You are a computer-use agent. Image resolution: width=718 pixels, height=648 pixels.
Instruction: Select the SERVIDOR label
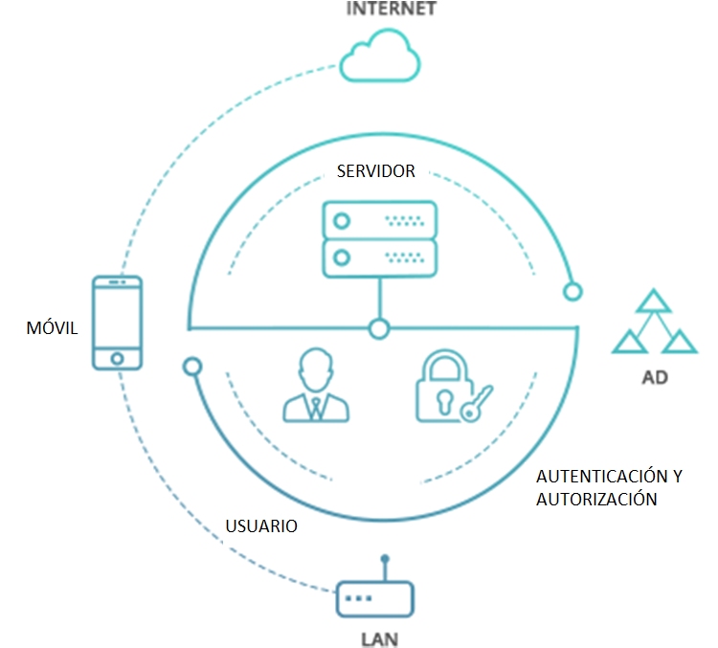(x=375, y=171)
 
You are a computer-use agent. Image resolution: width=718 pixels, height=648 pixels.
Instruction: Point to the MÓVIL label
(x=52, y=329)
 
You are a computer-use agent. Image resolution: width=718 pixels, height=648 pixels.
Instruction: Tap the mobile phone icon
(x=117, y=323)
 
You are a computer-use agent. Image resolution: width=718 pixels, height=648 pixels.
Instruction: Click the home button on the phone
(x=117, y=358)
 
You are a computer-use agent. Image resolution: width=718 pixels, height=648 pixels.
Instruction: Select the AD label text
(x=655, y=377)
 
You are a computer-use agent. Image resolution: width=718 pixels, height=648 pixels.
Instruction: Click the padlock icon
(x=442, y=387)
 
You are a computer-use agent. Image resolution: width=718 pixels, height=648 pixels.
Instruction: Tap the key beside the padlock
(x=476, y=403)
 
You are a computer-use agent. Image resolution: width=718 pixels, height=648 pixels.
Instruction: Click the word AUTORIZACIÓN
(x=595, y=499)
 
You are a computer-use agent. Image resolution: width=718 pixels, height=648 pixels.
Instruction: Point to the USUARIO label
(x=260, y=526)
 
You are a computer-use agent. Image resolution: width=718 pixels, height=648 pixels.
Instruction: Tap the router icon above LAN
(x=374, y=595)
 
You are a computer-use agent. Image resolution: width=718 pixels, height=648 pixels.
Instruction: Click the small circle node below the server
(x=380, y=329)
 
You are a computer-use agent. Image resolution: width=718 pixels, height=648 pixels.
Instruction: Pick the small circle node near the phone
(x=191, y=365)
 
